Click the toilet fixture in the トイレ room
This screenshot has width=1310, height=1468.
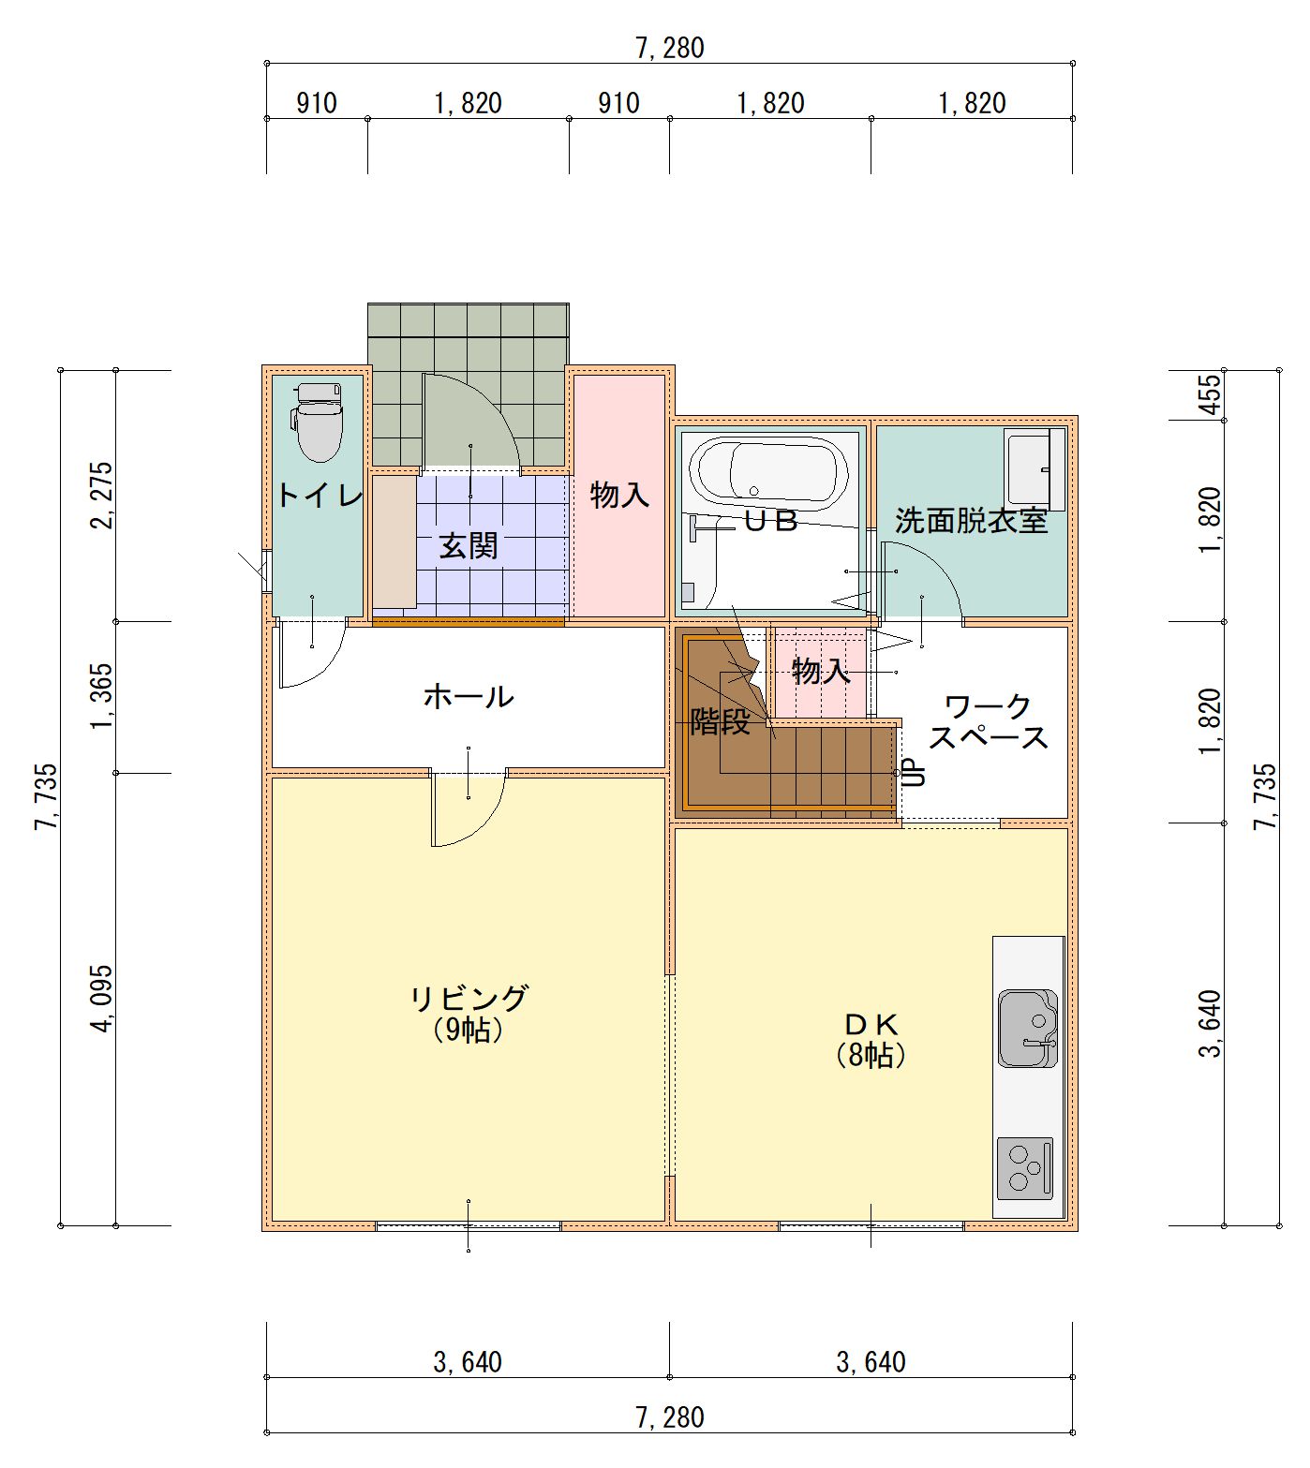point(319,421)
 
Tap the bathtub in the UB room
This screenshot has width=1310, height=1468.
point(769,473)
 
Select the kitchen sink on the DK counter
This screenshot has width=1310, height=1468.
point(1028,1028)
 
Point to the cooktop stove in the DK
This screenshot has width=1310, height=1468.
point(1025,1168)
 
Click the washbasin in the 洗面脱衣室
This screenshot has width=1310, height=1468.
point(1035,468)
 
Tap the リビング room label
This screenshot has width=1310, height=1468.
point(469,997)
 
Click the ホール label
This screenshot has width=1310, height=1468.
point(469,696)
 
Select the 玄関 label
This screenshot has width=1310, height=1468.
point(469,545)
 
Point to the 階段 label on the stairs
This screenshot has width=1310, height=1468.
point(720,720)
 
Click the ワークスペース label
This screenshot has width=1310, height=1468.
point(989,721)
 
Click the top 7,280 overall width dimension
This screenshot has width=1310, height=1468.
point(669,47)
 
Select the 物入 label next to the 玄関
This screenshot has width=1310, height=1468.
point(619,495)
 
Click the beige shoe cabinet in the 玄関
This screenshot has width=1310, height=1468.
point(394,542)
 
